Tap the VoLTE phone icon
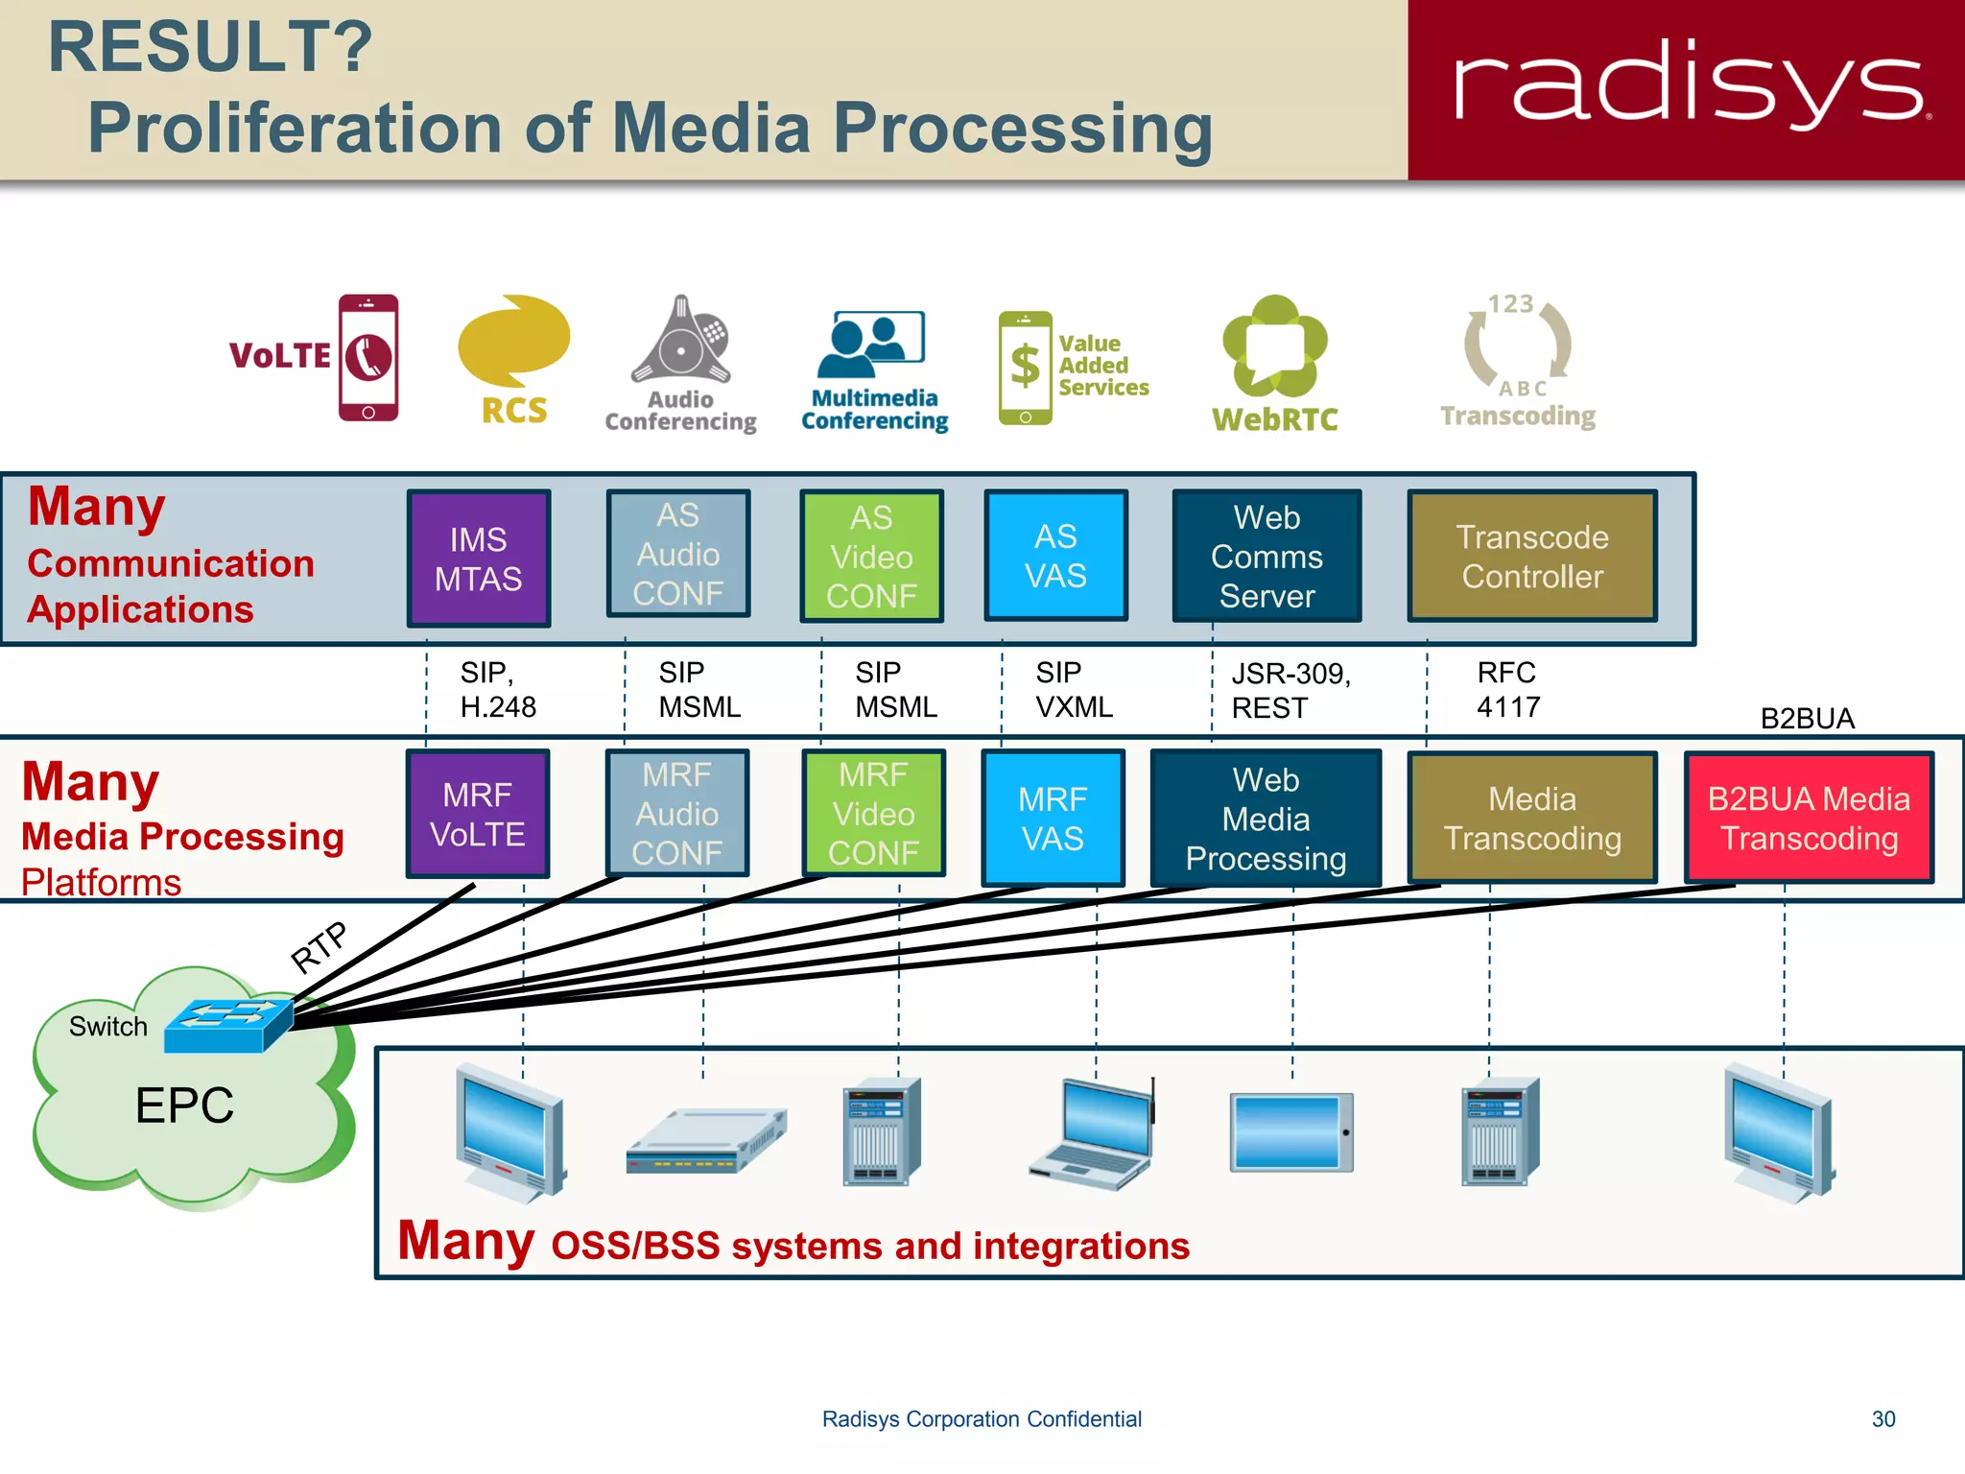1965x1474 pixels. pyautogui.click(x=367, y=357)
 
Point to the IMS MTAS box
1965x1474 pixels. pyautogui.click(x=478, y=559)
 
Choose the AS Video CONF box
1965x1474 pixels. pyautogui.click(x=871, y=557)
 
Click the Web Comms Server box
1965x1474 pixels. pyautogui.click(x=1267, y=557)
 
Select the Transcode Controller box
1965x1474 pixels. pyautogui.click(x=1531, y=557)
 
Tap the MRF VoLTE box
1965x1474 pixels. pyautogui.click(x=478, y=814)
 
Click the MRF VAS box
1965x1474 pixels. pyautogui.click(x=1053, y=819)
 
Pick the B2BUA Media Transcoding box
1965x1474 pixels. pyautogui.click(x=1809, y=819)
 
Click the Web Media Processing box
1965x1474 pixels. pyautogui.click(x=1266, y=819)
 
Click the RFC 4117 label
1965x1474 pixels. pyautogui.click(x=1507, y=690)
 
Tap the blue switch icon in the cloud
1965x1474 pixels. pyautogui.click(x=228, y=1025)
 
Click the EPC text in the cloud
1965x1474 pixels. pyautogui.click(x=184, y=1105)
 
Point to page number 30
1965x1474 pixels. pyautogui.click(x=1882, y=1419)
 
